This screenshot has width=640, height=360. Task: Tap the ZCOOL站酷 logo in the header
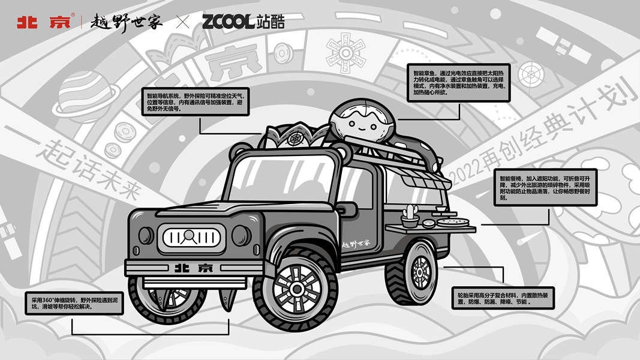point(243,22)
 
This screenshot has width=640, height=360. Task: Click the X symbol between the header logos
point(182,23)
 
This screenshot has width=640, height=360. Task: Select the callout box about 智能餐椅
point(545,186)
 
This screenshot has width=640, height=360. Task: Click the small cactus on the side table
point(410,214)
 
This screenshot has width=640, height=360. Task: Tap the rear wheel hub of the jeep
point(421,268)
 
